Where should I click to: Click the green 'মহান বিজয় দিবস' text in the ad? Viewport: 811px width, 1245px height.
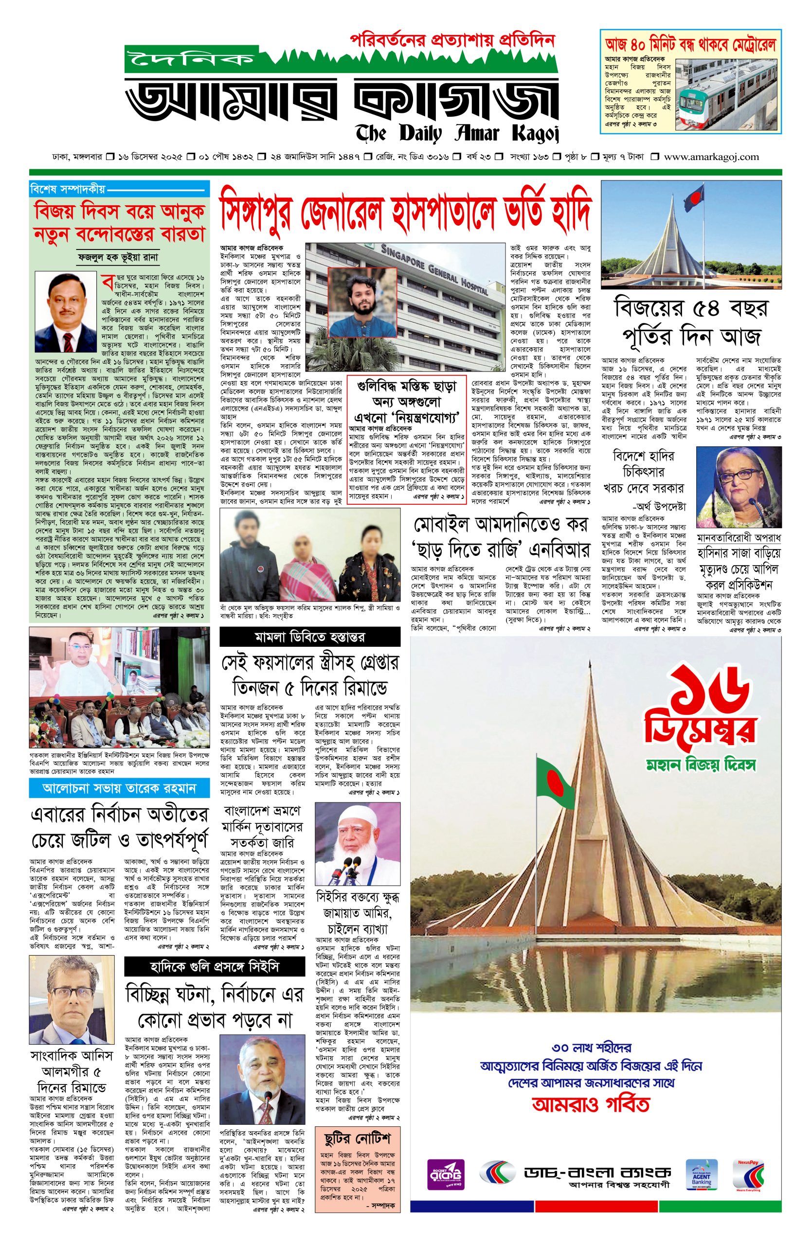click(x=701, y=765)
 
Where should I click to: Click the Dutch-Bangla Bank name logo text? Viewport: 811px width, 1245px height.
click(x=596, y=1171)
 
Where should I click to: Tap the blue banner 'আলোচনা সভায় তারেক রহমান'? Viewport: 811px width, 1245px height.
click(x=119, y=788)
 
